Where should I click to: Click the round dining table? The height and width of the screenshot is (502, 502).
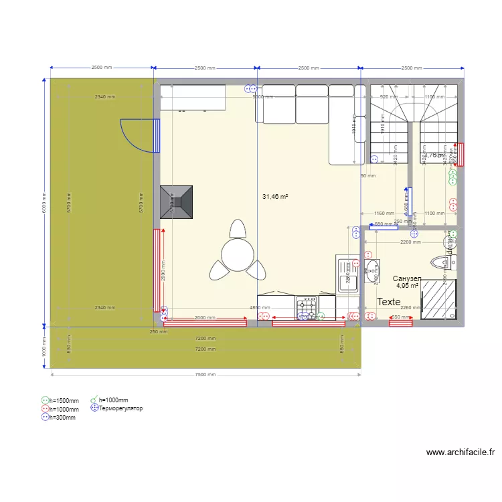[238, 254]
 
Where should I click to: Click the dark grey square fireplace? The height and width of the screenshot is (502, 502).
[177, 201]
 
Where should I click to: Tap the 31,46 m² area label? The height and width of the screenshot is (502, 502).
[275, 197]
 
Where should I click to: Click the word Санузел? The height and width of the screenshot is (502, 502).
[407, 278]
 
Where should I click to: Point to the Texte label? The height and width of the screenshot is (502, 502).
[389, 302]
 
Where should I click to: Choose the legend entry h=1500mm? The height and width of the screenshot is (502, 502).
[60, 401]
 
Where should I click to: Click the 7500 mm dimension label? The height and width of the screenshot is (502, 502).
[205, 374]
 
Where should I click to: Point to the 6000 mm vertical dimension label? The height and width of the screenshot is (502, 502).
[44, 201]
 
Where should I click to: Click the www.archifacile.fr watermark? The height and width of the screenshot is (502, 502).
[460, 452]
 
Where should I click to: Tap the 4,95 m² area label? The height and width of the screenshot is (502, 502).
[407, 286]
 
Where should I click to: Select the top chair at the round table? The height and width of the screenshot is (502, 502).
[238, 229]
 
